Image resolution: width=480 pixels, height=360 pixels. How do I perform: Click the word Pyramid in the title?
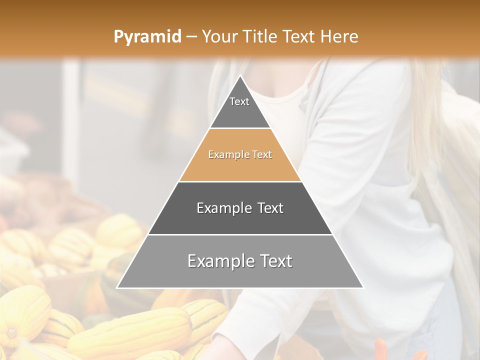[x=147, y=37]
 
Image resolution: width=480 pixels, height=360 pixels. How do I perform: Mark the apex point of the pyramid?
[x=240, y=76]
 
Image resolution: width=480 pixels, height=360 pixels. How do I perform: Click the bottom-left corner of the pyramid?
[x=117, y=287]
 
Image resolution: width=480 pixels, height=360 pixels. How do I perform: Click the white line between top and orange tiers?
[x=240, y=128]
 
